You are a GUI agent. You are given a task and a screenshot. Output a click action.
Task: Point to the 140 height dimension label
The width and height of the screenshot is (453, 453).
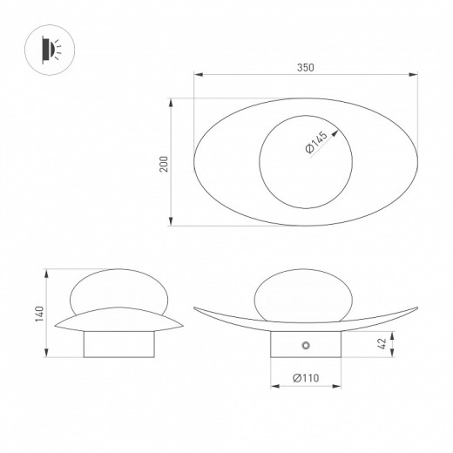(x=38, y=314)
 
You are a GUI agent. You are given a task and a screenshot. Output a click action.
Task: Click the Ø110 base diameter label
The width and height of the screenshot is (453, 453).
(x=304, y=377)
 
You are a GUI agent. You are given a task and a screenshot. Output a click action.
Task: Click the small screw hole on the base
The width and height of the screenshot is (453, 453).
(x=305, y=347)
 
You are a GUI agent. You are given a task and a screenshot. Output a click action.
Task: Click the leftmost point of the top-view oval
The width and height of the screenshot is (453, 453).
(x=193, y=163)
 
